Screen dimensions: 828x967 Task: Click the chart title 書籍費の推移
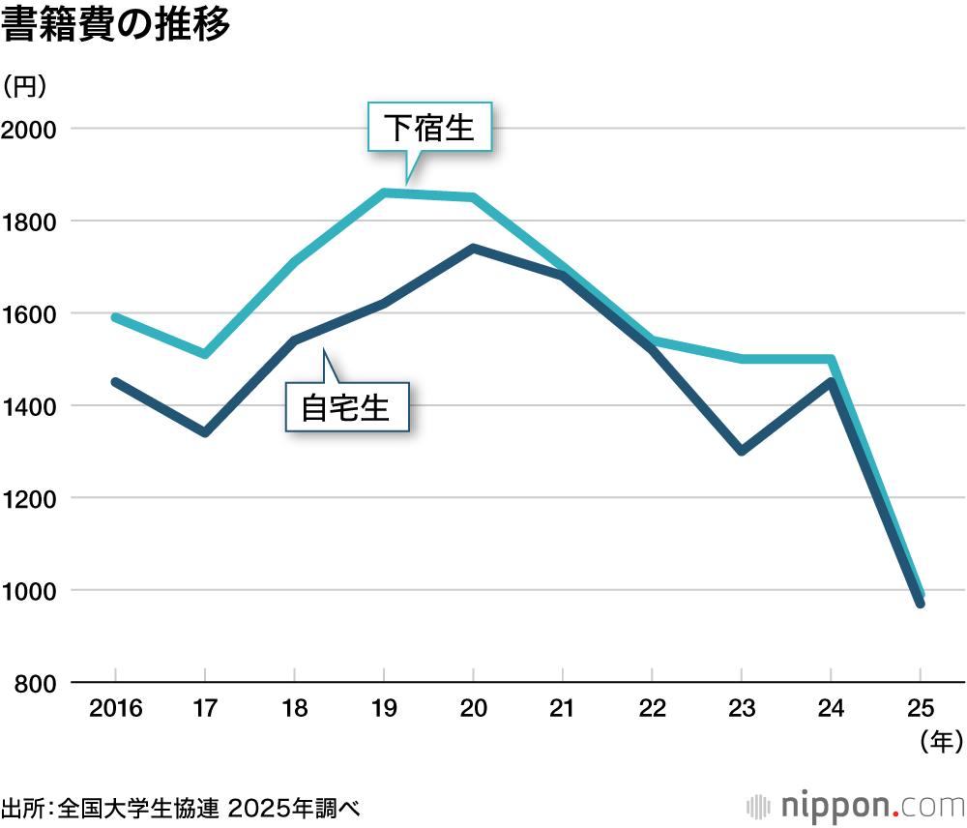pos(117,26)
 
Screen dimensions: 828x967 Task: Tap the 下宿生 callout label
pos(430,128)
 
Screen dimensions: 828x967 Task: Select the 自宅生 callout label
pos(346,407)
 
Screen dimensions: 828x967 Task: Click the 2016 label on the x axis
pos(115,709)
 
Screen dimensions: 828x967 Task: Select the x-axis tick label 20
pos(473,709)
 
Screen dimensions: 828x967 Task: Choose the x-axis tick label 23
pos(742,709)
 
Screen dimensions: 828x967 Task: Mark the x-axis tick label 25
pos(921,709)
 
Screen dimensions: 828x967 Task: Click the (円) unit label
pos(24,86)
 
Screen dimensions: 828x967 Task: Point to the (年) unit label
pos(939,743)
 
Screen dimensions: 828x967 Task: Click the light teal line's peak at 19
pos(384,192)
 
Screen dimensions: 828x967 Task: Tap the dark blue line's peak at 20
pos(473,249)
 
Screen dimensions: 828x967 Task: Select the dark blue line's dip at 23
pos(742,451)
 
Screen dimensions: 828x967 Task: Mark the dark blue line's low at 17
pos(205,432)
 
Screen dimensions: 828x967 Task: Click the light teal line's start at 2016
pos(115,317)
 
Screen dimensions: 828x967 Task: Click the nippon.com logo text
pos(857,805)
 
